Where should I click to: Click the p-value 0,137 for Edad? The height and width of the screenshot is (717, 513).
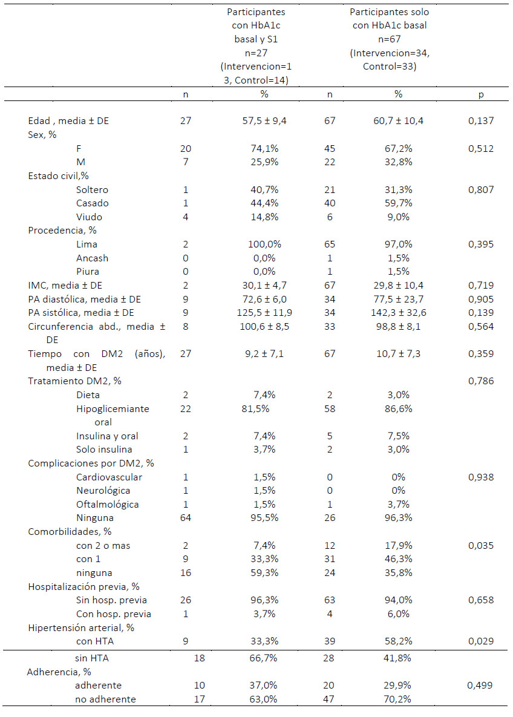[481, 121]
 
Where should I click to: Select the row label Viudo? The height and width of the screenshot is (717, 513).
[89, 217]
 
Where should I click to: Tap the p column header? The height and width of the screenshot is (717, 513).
[481, 94]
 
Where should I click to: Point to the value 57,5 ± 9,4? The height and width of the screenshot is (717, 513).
[264, 121]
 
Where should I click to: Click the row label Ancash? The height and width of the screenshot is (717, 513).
[93, 258]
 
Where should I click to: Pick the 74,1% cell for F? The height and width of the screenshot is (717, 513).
[264, 149]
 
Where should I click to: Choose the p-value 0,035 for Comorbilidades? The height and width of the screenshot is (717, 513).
[481, 546]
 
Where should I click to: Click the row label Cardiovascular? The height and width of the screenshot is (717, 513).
[109, 477]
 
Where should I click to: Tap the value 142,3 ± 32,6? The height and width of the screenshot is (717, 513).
[398, 313]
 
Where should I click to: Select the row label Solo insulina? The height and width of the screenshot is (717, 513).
[104, 450]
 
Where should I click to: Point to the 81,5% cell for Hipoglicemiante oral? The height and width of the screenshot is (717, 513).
[255, 409]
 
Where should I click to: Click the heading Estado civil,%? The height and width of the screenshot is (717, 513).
[59, 176]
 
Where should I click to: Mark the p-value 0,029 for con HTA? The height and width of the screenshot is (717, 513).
[481, 641]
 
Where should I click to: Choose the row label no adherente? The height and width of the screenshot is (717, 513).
[106, 699]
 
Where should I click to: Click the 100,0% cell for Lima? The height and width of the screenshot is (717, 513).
[264, 244]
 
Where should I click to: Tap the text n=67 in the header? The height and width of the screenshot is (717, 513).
[390, 39]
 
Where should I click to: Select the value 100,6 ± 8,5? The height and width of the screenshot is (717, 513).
[264, 327]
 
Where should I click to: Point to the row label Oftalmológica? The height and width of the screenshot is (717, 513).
[108, 505]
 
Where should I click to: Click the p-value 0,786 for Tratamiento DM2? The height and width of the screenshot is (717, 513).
[481, 381]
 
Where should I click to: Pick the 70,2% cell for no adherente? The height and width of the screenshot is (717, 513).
[398, 699]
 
